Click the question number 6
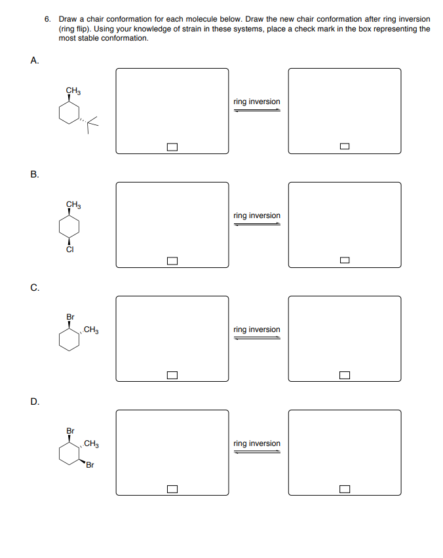pos(48,19)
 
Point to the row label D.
pos(34,401)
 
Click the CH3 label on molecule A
pos(73,90)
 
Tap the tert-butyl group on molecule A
pos(92,121)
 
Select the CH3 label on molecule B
pos(73,204)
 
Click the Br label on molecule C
pos(70,317)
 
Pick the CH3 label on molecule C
pos(92,329)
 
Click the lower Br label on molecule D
pos(90,466)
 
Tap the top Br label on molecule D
pos(70,431)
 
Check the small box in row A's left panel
pos(172,147)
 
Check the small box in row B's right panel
pos(344,261)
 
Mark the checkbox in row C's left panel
pos(172,375)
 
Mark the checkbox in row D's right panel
pos(344,489)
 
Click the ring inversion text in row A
pos(257,102)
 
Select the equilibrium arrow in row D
pos(257,452)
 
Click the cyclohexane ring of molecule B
pos(69,227)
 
